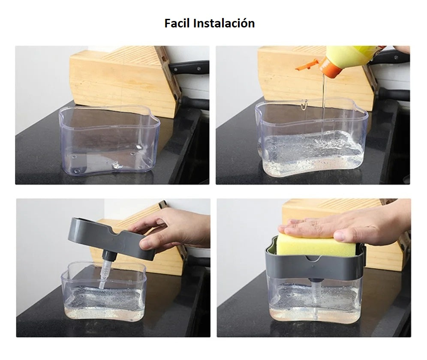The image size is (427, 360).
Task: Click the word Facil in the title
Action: click(177, 23)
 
